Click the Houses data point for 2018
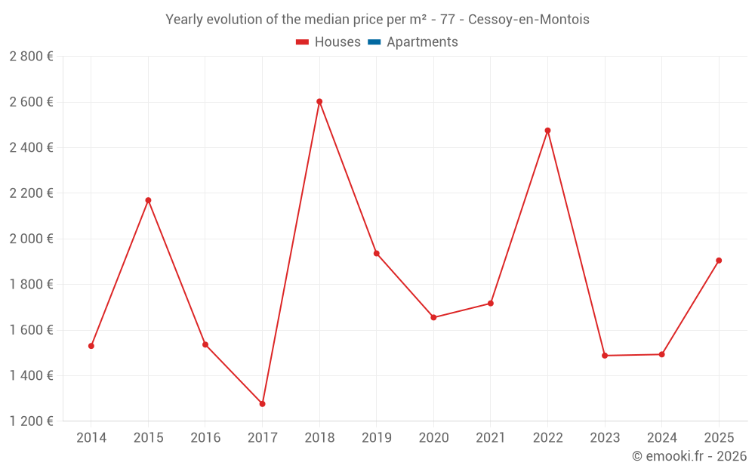pyautogui.click(x=319, y=101)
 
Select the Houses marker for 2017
pyautogui.click(x=262, y=404)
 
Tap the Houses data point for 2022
pyautogui.click(x=547, y=131)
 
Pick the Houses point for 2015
pyautogui.click(x=148, y=200)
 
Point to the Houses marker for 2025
pyautogui.click(x=719, y=261)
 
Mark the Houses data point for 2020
pyautogui.click(x=433, y=317)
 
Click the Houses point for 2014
pyautogui.click(x=91, y=346)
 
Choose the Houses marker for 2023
pyautogui.click(x=605, y=356)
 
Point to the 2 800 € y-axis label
pyautogui.click(x=31, y=56)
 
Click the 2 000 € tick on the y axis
pyautogui.click(x=31, y=239)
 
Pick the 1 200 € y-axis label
pyautogui.click(x=31, y=421)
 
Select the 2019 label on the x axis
pyautogui.click(x=376, y=437)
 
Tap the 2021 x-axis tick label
pyautogui.click(x=491, y=437)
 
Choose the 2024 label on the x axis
pyautogui.click(x=661, y=437)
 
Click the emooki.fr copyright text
pyautogui.click(x=689, y=456)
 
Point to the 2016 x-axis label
pyautogui.click(x=205, y=437)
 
